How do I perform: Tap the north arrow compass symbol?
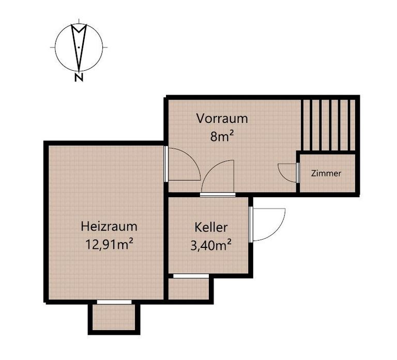(x=78, y=46)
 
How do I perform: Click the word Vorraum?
(x=222, y=118)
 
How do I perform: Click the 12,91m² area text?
(x=109, y=243)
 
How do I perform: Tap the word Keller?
(x=211, y=227)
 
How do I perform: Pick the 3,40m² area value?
(x=210, y=244)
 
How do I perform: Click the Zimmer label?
(x=326, y=174)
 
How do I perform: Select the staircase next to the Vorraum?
(x=328, y=124)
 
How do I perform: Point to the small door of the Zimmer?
(x=287, y=171)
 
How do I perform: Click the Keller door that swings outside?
(x=267, y=224)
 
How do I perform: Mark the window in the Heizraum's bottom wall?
(x=114, y=301)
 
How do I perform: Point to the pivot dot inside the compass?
(x=78, y=48)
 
